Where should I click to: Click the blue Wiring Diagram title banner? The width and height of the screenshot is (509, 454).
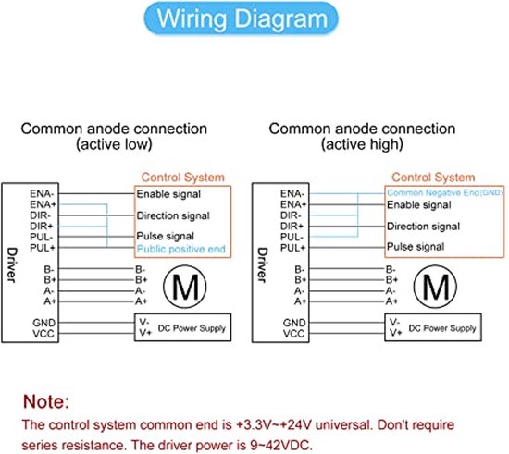[x=241, y=18]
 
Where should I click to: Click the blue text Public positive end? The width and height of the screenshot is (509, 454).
[x=180, y=249]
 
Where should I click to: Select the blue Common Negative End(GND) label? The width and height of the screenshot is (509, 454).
[x=445, y=192]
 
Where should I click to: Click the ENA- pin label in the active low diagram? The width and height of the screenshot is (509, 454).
[x=43, y=193]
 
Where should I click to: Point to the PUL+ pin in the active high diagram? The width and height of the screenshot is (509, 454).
[x=292, y=248]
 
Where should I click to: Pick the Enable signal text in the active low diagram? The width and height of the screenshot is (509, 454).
[x=168, y=194]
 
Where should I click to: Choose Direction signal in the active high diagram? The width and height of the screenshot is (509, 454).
[x=423, y=226]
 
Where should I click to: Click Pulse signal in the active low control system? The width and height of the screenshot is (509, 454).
[x=166, y=236]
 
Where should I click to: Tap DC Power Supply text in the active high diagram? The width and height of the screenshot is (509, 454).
[x=442, y=328]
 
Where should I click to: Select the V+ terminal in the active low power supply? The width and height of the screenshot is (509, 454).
[x=144, y=332]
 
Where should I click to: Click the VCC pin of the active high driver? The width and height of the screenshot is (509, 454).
[x=293, y=334]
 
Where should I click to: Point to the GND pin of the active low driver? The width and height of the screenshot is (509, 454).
[x=43, y=323]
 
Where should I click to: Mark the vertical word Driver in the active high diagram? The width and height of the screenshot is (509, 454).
[x=262, y=265]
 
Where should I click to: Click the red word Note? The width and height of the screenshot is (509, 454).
[x=46, y=401]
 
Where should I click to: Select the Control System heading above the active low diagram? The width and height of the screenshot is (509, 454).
[x=183, y=177]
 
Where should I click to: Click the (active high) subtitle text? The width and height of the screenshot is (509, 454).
[x=362, y=144]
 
